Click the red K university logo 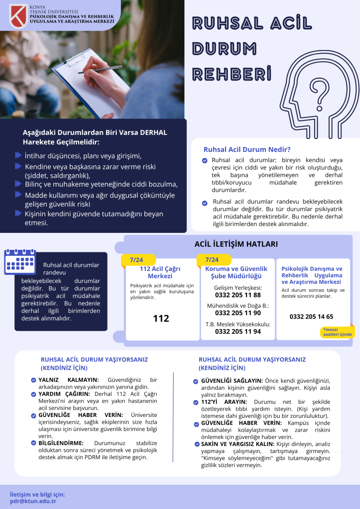pos(18,16)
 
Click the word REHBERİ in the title pos(231,73)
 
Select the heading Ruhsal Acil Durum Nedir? pos(247,150)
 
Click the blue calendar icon pos(20,262)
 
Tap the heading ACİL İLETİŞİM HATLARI pos(236,244)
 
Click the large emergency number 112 pos(161,318)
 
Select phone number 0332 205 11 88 pos(238,295)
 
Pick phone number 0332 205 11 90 pos(238,313)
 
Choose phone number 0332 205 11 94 pos(238,332)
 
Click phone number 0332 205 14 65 pos(311,316)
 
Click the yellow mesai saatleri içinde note pos(337,332)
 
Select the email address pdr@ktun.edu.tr pos(33,501)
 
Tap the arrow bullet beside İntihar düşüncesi pos(18,155)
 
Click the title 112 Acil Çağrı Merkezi pos(160,272)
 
